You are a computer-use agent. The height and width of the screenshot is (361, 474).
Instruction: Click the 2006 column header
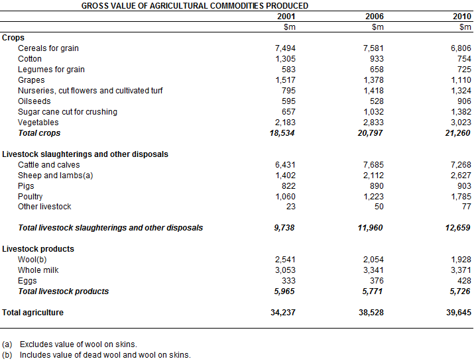[x=374, y=16]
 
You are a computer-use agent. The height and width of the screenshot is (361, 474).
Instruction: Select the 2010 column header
[x=462, y=16]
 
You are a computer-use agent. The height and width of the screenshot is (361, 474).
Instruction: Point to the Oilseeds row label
[x=34, y=101]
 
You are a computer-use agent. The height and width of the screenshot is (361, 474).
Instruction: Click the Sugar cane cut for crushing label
[x=68, y=112]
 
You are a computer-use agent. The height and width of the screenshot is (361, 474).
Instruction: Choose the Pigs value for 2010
[x=463, y=186]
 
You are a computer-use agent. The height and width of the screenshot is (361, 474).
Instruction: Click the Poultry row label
[x=30, y=197]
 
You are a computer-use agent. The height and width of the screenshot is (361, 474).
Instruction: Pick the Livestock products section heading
[x=38, y=249]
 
